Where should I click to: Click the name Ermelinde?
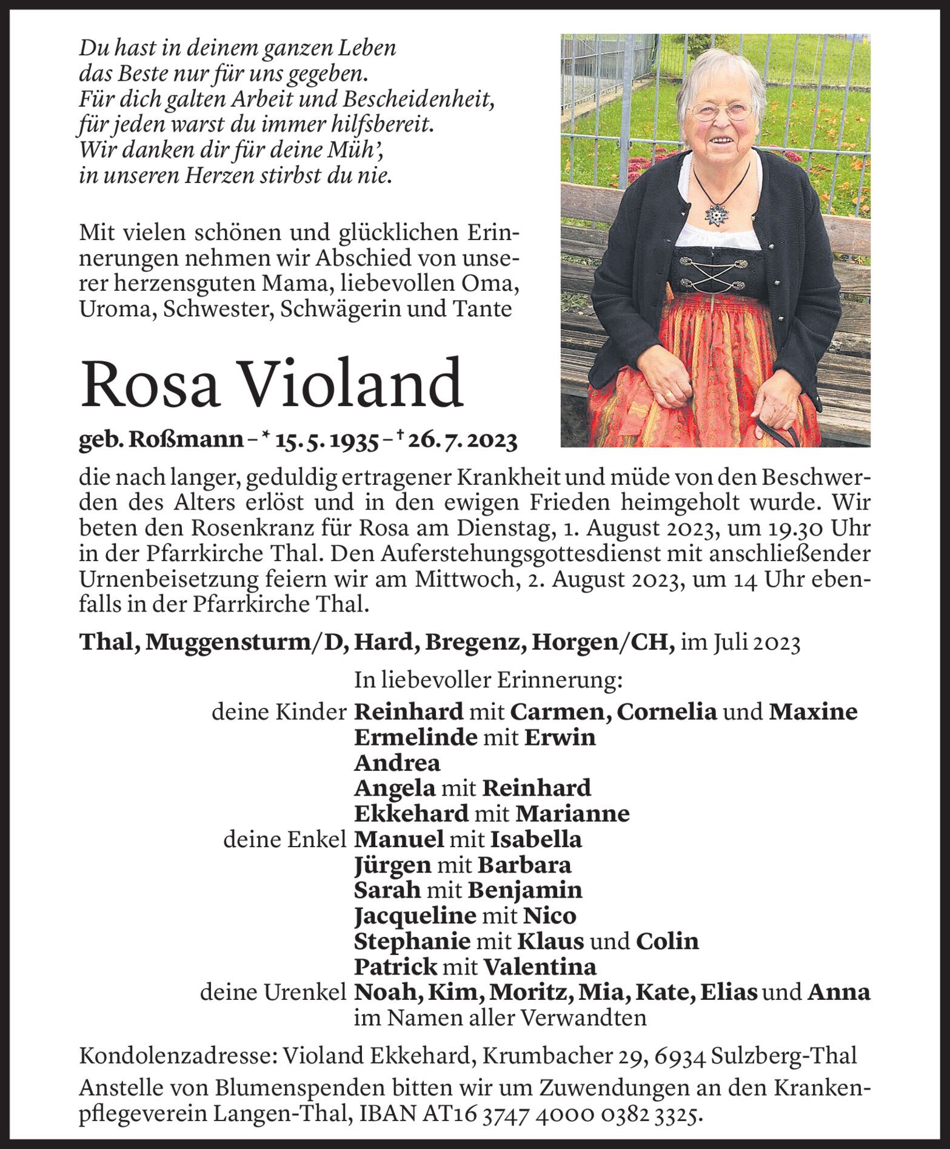coord(415,738)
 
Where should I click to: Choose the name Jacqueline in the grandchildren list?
coord(415,915)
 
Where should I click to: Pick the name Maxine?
coord(813,711)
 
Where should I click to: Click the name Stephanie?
coord(412,941)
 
